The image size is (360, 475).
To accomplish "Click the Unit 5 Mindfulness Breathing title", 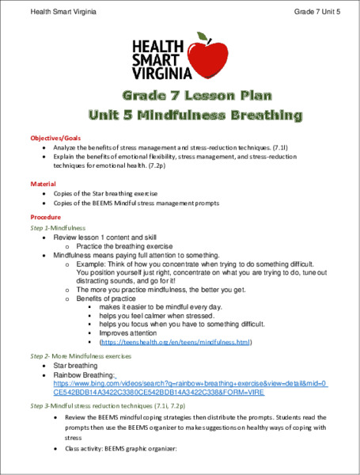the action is pos(180,116).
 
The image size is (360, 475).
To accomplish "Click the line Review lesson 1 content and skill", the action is pos(110,237).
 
